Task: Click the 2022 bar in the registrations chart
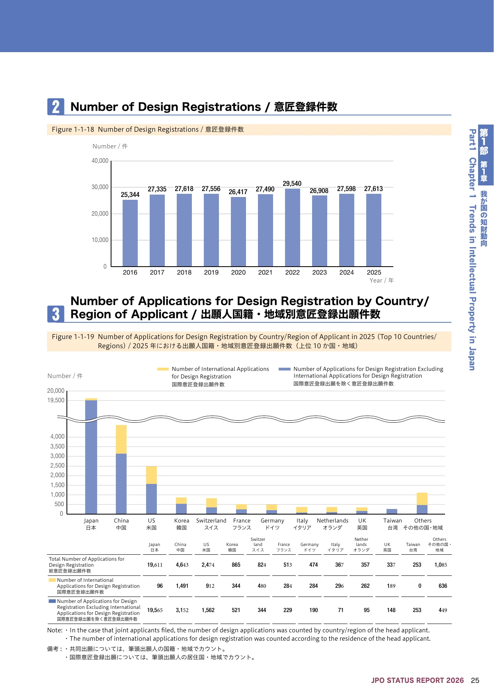tap(293, 228)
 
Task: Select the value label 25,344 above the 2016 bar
tap(130, 195)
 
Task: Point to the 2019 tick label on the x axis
tap(211, 273)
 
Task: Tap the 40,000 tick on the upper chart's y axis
tap(100, 161)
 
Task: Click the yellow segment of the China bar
tap(121, 439)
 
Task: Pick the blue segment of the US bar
tap(151, 499)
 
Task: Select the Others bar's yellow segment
tap(422, 499)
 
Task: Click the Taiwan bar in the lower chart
tap(392, 511)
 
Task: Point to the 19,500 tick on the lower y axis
tap(56, 400)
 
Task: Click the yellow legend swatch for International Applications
tap(163, 369)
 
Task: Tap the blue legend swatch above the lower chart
tap(285, 369)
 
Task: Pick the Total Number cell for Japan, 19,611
tap(155, 565)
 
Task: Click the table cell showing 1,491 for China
tap(182, 586)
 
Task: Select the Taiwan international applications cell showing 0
tap(420, 586)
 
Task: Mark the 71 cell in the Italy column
tap(341, 610)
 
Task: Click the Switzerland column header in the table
tap(258, 544)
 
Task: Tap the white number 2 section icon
tap(56, 107)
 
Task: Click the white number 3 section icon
tap(56, 314)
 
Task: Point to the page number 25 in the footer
tap(475, 680)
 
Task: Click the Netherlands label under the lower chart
tap(332, 521)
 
